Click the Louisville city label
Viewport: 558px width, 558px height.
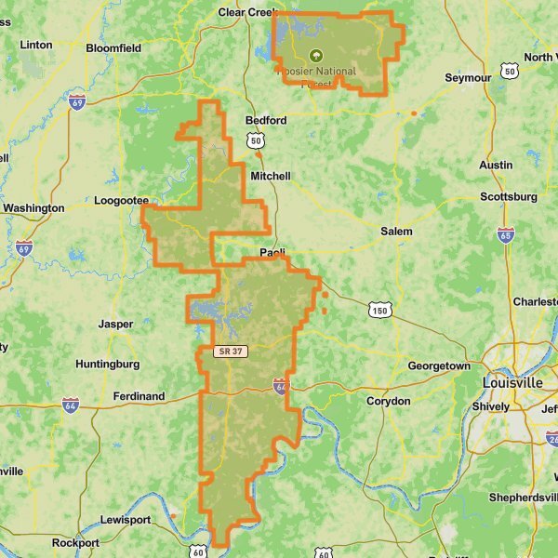coord(512,382)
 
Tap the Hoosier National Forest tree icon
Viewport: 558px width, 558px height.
coord(315,55)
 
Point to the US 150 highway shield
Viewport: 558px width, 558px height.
coord(379,310)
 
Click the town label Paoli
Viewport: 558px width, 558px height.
coord(272,253)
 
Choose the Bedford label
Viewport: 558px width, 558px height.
coord(266,121)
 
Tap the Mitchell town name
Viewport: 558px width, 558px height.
coord(271,176)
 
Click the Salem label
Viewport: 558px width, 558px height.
coord(396,231)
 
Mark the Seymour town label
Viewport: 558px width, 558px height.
coord(468,78)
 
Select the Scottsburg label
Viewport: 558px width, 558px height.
coord(509,196)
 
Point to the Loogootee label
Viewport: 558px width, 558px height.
coord(122,199)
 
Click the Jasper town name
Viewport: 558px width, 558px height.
coord(115,325)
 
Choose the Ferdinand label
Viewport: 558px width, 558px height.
coord(139,396)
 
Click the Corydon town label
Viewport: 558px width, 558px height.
coord(388,401)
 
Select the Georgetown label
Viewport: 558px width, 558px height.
coord(439,366)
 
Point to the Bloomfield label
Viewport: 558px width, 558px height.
coord(113,47)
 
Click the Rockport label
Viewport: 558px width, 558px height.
coord(76,542)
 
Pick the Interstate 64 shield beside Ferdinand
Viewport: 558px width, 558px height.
coord(71,405)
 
